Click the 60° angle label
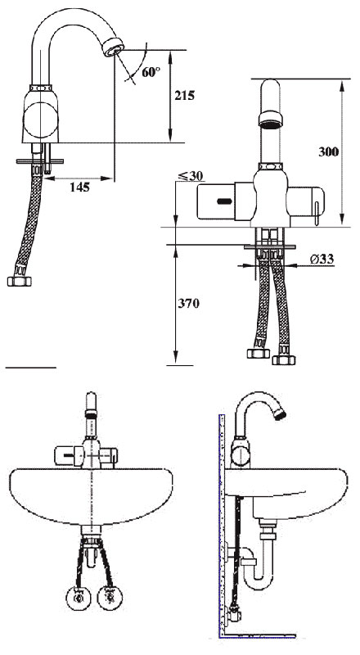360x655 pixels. [150, 71]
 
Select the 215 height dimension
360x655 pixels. [184, 95]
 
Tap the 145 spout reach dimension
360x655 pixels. [80, 187]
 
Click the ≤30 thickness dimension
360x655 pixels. [190, 175]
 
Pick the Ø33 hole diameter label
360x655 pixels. [322, 260]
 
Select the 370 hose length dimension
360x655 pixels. [188, 303]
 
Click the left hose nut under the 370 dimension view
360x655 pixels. [259, 355]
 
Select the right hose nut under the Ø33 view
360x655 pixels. [284, 359]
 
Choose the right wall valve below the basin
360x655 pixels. [108, 596]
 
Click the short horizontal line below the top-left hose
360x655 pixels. [30, 368]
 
